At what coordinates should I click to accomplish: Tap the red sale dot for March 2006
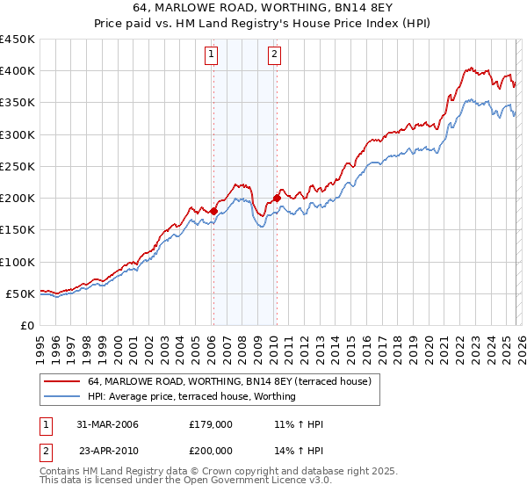[x=213, y=211]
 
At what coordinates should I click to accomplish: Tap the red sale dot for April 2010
[x=277, y=198]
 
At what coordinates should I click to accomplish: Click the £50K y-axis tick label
[x=21, y=293]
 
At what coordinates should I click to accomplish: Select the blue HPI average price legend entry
[x=191, y=396]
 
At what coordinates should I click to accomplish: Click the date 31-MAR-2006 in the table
[x=107, y=424]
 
